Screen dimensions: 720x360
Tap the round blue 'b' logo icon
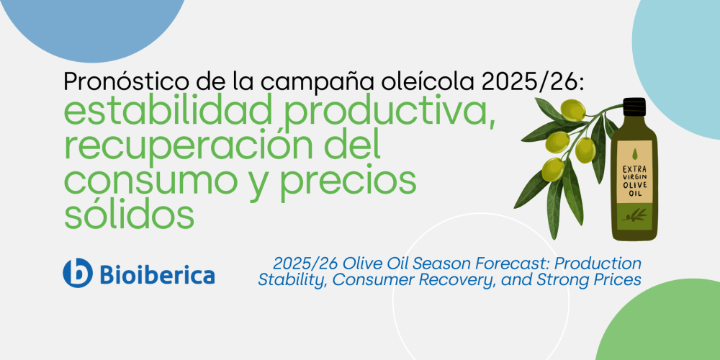point(78,273)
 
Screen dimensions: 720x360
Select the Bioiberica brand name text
point(157,274)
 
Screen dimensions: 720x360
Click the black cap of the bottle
point(634,107)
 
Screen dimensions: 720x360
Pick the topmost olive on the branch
point(573,111)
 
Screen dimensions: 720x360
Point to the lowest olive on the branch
point(553,169)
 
